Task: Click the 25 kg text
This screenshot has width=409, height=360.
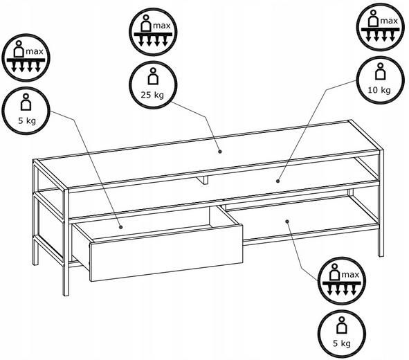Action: pos(152,95)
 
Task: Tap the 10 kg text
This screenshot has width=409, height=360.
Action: pos(379,90)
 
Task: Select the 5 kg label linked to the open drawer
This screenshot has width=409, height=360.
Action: pos(27,120)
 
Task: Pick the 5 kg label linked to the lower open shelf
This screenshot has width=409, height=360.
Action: pos(342,343)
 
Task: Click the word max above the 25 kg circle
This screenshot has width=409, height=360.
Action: pos(162,26)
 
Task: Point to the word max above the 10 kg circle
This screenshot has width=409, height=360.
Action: pos(389,21)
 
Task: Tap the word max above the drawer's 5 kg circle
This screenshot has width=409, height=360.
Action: pos(35,51)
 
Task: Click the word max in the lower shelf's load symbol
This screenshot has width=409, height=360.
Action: pos(350,274)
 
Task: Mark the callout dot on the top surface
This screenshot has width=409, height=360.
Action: pos(220,152)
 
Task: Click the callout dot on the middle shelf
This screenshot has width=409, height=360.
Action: pos(278,181)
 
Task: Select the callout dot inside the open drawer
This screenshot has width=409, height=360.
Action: pos(121,227)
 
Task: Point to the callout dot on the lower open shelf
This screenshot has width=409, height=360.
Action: pos(287,222)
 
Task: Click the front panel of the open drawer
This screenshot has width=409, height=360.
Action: pos(166,253)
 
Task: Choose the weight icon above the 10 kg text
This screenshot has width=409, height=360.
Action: pos(380,71)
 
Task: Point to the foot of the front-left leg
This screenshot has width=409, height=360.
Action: pos(66,294)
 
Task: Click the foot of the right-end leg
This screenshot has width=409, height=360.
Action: pos(381,254)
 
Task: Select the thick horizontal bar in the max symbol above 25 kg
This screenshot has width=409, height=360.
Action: pos(153,34)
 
